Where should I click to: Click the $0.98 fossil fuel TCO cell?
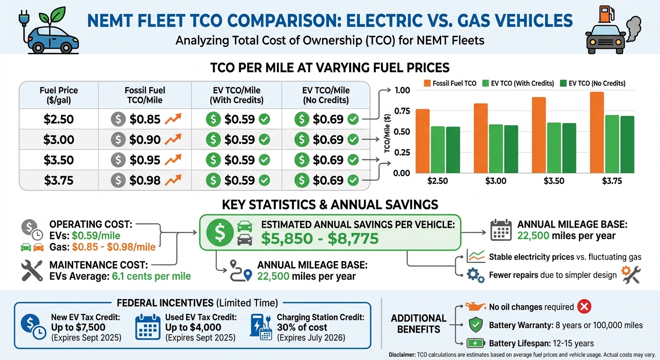tap(145, 180)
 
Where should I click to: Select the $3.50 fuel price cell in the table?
tap(59, 160)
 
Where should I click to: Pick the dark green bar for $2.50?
tap(453, 150)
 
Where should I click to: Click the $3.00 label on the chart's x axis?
tap(496, 181)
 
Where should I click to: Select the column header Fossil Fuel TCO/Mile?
tap(145, 95)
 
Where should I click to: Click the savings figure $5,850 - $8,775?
tap(319, 239)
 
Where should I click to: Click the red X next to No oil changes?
tap(584, 307)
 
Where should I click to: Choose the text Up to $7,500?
tap(78, 327)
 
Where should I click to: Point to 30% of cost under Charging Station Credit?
tap(302, 327)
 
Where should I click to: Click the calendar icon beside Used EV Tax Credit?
tap(148, 327)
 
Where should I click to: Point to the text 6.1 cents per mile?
tap(151, 276)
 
